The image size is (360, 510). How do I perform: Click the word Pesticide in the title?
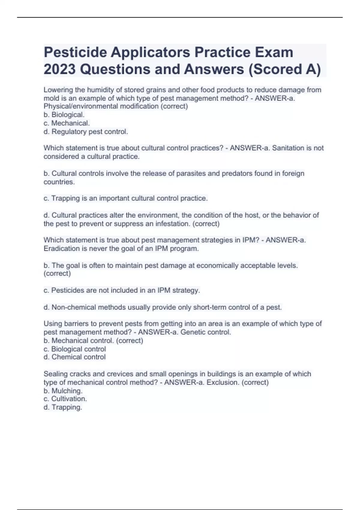click(x=75, y=52)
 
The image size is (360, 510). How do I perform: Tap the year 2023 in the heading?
click(x=59, y=69)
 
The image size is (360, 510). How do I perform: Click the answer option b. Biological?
click(x=64, y=115)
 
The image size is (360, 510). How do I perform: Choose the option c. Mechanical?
click(x=67, y=123)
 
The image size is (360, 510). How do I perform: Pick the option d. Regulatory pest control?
click(x=86, y=132)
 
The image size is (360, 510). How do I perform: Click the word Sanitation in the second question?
click(x=288, y=148)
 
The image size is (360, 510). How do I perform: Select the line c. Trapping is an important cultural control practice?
click(x=126, y=198)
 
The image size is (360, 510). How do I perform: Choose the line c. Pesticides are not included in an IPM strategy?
click(x=122, y=290)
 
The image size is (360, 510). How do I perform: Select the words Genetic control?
click(x=206, y=332)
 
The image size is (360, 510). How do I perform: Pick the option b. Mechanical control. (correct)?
click(x=93, y=341)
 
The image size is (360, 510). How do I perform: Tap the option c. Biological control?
click(x=75, y=349)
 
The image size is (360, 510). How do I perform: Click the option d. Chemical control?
click(x=75, y=357)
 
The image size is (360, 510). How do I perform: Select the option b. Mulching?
click(x=63, y=391)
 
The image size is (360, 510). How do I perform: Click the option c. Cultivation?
click(x=65, y=399)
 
